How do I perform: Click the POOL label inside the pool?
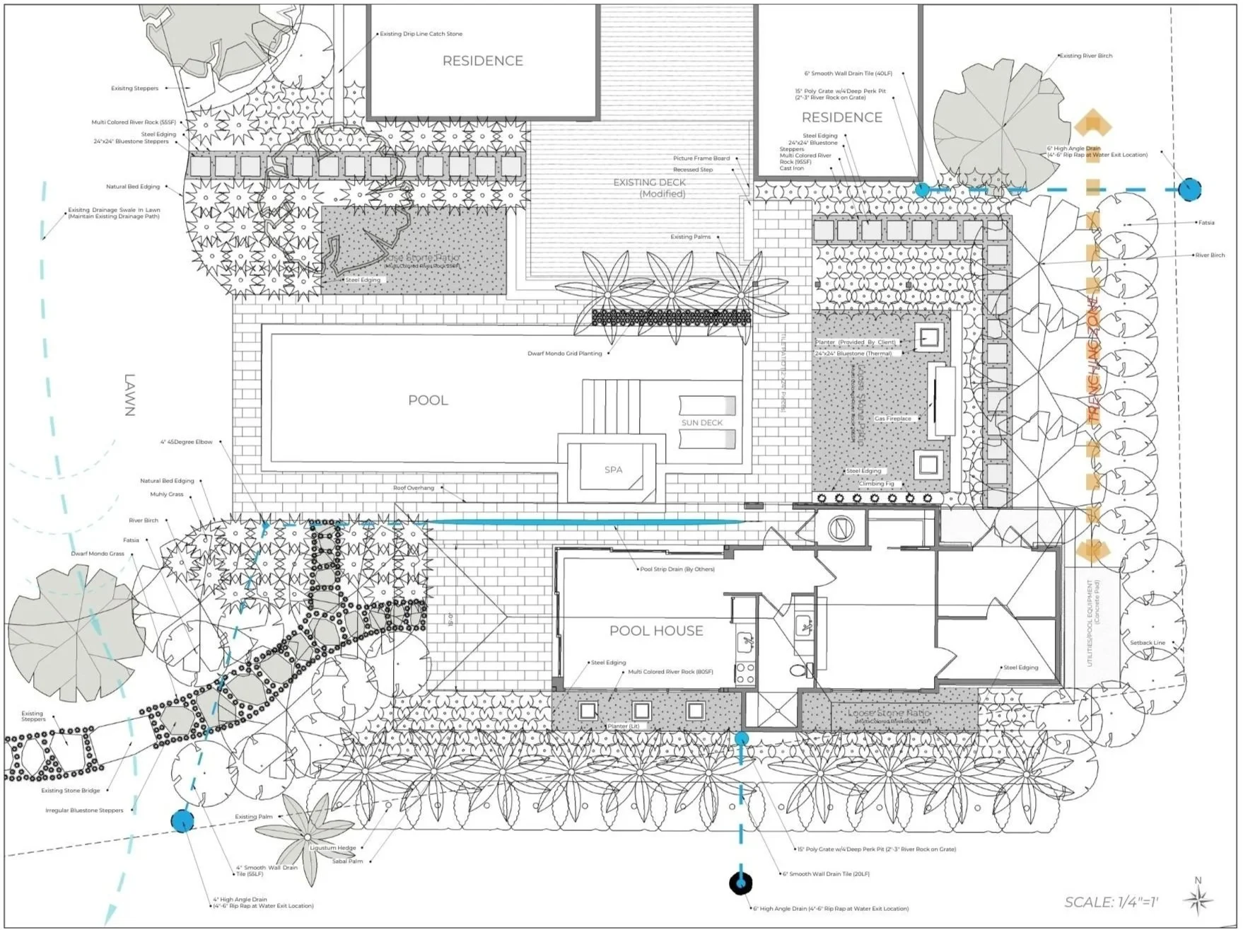(x=428, y=400)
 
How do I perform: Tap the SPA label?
(x=613, y=470)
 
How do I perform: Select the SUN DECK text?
(x=701, y=423)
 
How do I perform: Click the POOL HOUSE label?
(x=656, y=631)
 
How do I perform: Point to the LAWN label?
(x=129, y=395)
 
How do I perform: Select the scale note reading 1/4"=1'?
(x=1111, y=902)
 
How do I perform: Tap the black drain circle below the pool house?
(x=740, y=883)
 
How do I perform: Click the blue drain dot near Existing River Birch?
(x=1189, y=189)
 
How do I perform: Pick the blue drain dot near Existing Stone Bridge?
(x=182, y=820)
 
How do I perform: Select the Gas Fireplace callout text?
(x=892, y=419)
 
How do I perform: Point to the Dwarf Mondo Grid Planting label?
(x=564, y=354)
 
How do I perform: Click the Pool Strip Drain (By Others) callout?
(x=677, y=569)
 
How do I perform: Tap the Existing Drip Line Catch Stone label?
(x=421, y=34)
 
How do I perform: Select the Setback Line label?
(x=1147, y=643)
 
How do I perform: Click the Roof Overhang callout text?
(x=414, y=488)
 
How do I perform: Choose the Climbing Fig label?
(x=876, y=484)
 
